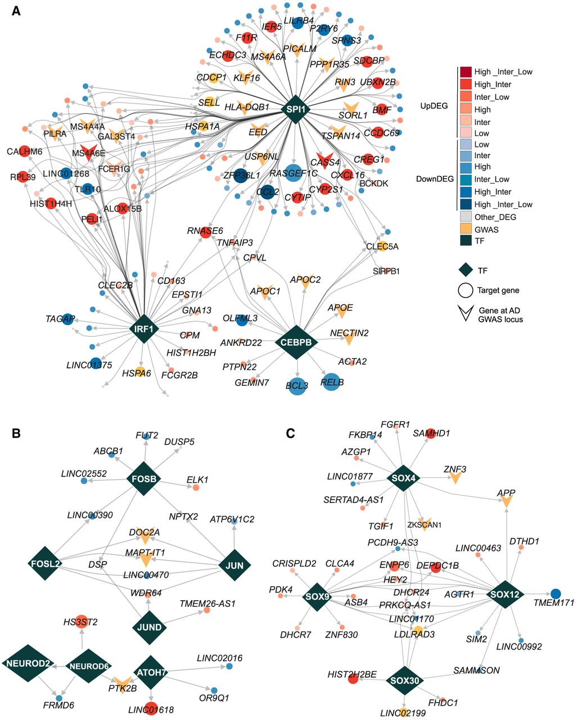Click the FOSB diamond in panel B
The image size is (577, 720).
pos(145,479)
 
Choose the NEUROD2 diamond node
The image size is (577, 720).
pos(28,664)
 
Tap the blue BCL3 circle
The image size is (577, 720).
pos(297,387)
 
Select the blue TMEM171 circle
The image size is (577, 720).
pos(556,593)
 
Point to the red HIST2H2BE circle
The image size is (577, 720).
pos(353,678)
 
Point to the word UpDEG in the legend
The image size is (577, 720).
pos(434,105)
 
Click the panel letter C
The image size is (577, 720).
pos(291,433)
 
